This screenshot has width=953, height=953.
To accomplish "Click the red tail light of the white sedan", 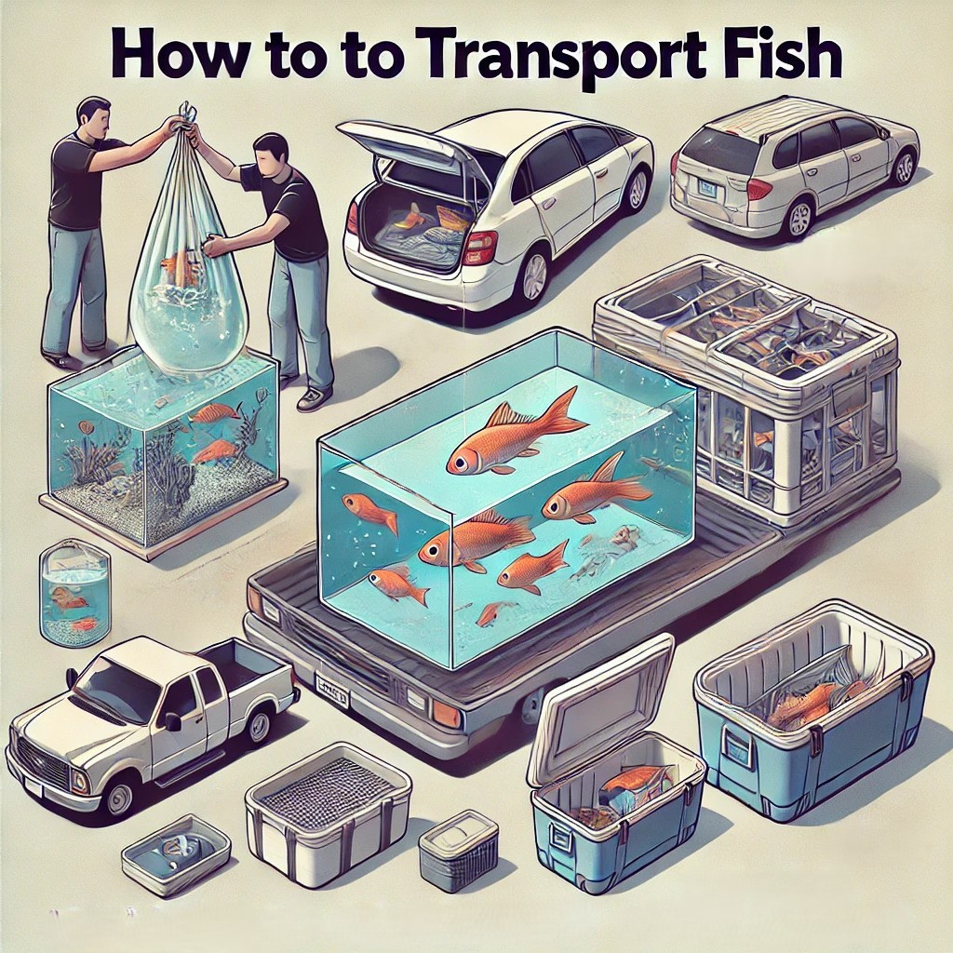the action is [479, 247].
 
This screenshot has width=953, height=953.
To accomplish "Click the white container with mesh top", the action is [328, 800].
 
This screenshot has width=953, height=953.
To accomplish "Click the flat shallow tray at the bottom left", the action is [176, 847].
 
